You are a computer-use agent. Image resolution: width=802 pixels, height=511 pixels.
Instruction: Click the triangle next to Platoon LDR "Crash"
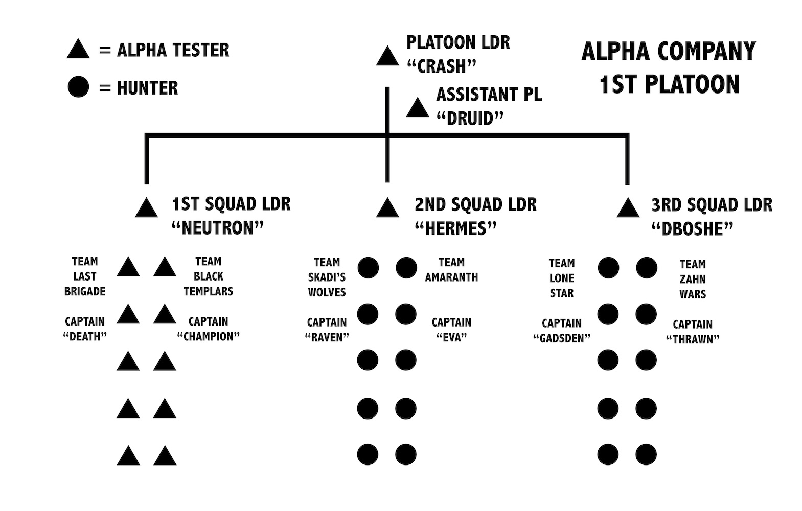coord(387,58)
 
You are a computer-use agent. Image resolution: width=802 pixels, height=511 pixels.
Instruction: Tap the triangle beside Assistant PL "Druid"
coord(417,109)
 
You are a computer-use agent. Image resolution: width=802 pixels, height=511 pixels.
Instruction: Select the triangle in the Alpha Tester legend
coord(78,50)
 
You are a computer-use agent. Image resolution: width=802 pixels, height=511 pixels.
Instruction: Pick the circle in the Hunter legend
coord(78,87)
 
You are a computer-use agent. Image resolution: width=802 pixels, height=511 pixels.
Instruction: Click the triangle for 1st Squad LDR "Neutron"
coord(146,209)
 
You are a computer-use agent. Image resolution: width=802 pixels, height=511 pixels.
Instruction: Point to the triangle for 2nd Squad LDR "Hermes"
coord(387,209)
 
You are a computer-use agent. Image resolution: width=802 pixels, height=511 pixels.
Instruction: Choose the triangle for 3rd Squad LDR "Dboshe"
coord(628,209)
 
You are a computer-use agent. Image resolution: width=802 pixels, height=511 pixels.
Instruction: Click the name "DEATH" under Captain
coord(85,337)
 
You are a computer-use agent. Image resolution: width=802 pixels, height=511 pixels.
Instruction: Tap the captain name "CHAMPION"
coord(208,337)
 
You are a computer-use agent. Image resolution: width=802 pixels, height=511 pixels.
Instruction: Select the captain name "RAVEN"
coord(327,337)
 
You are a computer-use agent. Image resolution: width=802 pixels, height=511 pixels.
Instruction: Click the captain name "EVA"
coord(451,337)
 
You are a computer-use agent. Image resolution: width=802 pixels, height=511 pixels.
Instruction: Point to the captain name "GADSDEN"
coord(561,338)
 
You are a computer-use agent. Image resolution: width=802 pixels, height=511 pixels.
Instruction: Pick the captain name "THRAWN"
coord(693,339)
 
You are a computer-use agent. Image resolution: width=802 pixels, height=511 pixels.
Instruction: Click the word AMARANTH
coord(451,277)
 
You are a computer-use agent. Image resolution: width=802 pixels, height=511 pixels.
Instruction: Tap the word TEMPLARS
coord(208,291)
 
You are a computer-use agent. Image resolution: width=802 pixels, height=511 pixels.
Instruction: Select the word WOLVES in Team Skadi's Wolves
coord(327,292)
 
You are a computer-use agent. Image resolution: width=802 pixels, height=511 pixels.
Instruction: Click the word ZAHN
coord(693,280)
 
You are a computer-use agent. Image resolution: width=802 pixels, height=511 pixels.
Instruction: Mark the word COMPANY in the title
coord(706,52)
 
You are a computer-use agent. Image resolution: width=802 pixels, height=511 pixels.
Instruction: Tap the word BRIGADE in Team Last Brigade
coord(85,291)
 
